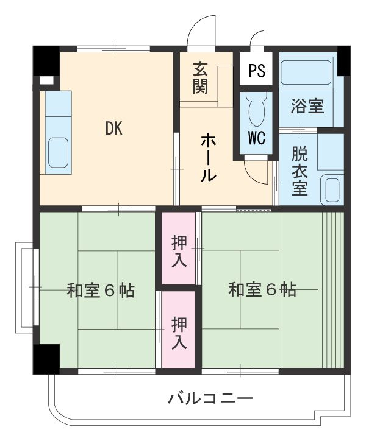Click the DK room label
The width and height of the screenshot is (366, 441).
coord(113,128)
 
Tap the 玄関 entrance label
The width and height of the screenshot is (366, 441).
coord(200,77)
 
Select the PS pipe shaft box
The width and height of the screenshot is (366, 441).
coord(257,71)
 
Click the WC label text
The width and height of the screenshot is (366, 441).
coord(257,138)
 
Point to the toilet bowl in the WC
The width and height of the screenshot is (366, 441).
coord(257,110)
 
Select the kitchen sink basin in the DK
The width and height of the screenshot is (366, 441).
coord(57,149)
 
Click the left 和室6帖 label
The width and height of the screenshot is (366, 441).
coord(101,290)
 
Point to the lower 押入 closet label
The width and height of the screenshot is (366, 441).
coord(179,331)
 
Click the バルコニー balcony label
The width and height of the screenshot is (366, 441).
coord(210,399)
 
